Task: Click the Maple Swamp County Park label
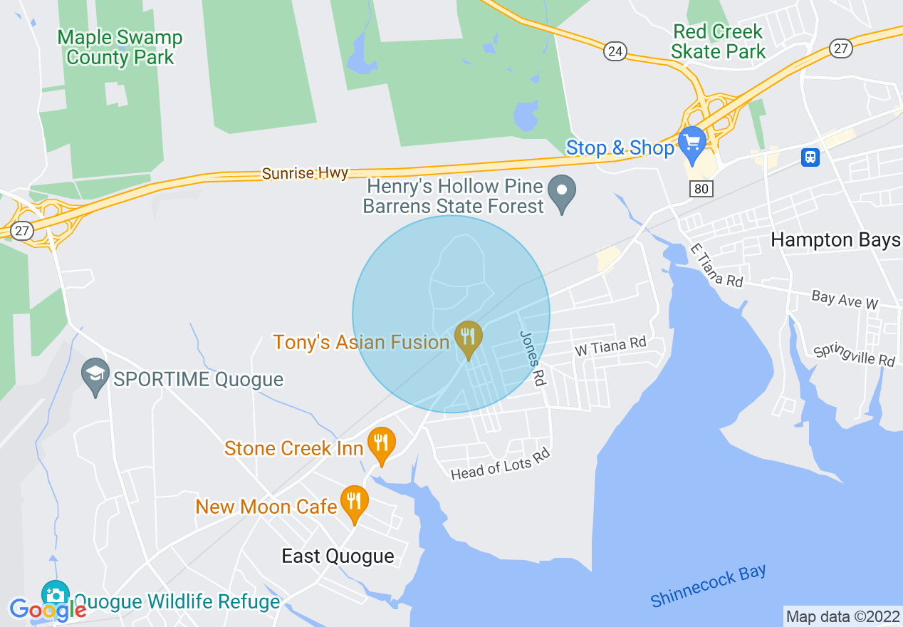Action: coord(120,47)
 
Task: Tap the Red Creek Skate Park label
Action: coord(718,41)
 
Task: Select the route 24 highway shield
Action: coord(615,51)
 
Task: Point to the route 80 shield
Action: coord(701,188)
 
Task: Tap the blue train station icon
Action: coord(810,157)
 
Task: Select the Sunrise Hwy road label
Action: coord(305,173)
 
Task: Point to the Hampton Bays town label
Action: coord(835,240)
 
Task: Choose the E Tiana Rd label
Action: coord(716,266)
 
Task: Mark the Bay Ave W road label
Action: coord(845,299)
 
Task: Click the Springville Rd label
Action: coord(854,354)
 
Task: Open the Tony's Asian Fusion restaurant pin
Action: coord(468,337)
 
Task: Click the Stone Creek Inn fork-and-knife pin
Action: coord(381,444)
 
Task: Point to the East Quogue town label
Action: coord(338,556)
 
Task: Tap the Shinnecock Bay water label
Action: coord(708,586)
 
